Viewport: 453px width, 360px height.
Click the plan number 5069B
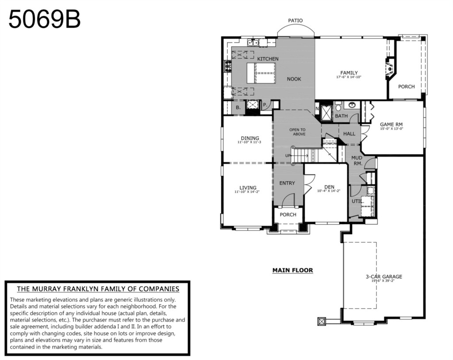tap(45, 19)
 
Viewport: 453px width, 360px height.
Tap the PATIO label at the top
tap(295, 20)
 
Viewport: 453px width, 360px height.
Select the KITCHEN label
tap(268, 59)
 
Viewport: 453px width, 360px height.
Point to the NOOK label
tap(294, 79)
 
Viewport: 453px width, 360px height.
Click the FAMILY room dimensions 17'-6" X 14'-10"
tap(349, 77)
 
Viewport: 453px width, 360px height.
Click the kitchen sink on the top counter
tap(253, 43)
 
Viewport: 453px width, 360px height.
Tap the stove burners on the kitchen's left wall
tap(228, 66)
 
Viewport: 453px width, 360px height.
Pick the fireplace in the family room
tap(390, 69)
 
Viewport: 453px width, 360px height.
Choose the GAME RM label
tap(391, 125)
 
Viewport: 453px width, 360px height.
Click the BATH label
tap(341, 116)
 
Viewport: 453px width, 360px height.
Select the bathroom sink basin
tap(352, 105)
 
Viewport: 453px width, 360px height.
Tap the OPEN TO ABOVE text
tap(298, 132)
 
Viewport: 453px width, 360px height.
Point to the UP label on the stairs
tap(288, 156)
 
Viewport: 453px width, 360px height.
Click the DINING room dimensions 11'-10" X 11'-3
tap(249, 142)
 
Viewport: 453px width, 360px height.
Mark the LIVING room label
tap(248, 188)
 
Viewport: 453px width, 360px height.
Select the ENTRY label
tap(287, 183)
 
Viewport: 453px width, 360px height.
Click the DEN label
tap(329, 187)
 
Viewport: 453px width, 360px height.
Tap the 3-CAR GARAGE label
tap(384, 276)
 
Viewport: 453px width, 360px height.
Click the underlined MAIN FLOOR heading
tap(293, 270)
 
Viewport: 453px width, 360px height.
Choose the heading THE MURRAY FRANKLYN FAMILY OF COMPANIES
tap(98, 289)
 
